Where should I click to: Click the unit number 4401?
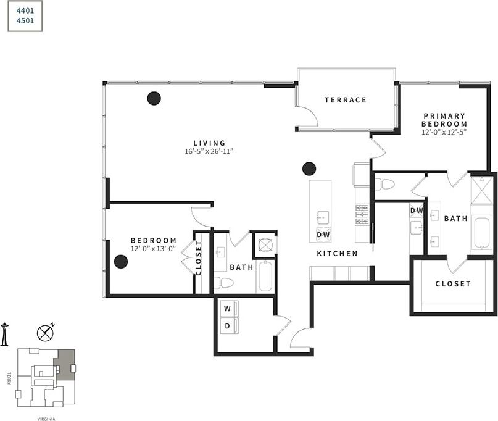coord(25,10)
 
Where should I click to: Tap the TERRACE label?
coord(346,100)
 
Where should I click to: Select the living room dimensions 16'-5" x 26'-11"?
coord(209,151)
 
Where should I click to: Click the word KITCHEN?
coord(337,254)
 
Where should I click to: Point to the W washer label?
coord(227,308)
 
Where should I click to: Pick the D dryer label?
coord(227,325)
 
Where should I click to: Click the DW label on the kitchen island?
coord(323,235)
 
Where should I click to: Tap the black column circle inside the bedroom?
coord(121,261)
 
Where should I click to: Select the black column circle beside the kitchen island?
coord(309,169)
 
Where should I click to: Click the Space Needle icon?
coord(5,334)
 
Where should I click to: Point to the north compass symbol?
coord(45,333)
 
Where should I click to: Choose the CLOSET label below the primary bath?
coord(453,284)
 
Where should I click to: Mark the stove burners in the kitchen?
coord(362,214)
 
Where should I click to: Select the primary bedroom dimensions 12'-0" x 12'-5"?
coord(444,132)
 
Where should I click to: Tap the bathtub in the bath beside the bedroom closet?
coord(265,277)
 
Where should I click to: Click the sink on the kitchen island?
coord(322,217)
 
